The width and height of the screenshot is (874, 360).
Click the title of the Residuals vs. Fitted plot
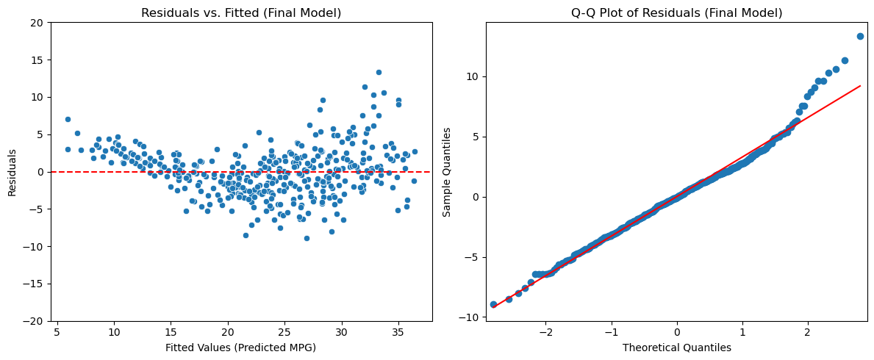point(241,13)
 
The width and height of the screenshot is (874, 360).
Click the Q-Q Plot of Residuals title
point(676,13)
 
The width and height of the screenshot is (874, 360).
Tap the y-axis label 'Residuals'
point(12,172)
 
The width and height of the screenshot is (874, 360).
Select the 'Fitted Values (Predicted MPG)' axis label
point(240,348)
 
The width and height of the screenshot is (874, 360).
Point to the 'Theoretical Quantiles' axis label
point(676,348)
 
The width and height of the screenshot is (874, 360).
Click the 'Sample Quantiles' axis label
point(447,172)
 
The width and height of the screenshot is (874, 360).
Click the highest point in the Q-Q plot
point(860,36)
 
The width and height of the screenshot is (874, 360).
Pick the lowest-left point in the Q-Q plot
point(493,304)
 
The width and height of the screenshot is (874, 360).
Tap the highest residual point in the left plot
point(379,72)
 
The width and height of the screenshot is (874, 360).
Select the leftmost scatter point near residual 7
point(68,119)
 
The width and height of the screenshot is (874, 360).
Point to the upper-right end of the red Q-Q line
point(860,86)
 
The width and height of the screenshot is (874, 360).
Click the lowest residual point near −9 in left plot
point(307,238)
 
